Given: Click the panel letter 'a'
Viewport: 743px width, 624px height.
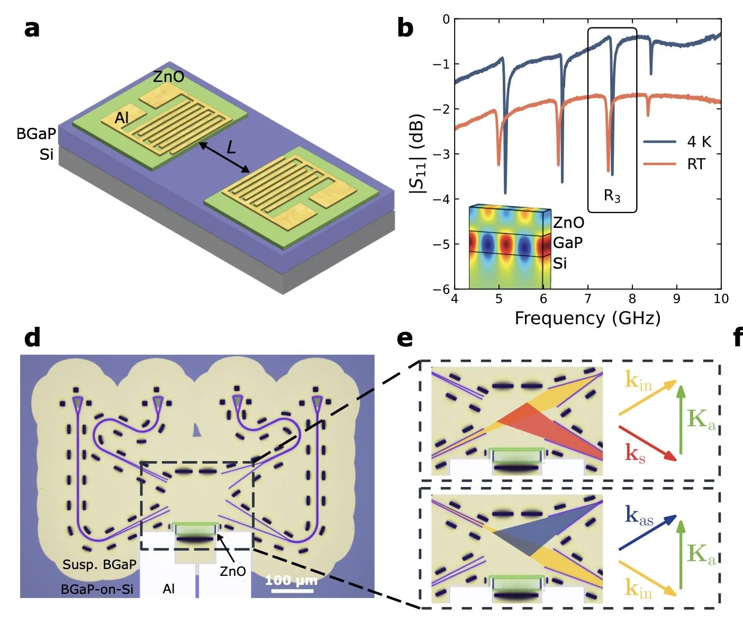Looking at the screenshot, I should (32, 29).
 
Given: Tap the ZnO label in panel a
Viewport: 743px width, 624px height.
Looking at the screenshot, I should (168, 77).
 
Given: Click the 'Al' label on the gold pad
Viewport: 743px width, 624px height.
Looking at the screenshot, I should (122, 117).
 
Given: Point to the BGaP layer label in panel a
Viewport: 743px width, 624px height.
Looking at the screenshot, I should (36, 134).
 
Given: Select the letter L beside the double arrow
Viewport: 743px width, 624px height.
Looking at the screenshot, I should (231, 147).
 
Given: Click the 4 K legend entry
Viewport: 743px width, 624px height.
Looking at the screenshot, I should (699, 142).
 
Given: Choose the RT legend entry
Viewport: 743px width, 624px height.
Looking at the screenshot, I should (695, 164).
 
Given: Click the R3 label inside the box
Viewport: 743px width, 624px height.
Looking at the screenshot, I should (612, 196).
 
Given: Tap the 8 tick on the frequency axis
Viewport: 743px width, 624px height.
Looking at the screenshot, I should (632, 299).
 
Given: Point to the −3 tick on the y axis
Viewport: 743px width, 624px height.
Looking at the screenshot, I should (441, 154).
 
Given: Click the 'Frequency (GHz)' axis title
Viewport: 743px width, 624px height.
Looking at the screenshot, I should (587, 318).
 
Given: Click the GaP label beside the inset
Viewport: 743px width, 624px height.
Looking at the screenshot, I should (568, 243).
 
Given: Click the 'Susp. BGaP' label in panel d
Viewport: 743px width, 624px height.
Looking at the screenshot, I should (99, 564).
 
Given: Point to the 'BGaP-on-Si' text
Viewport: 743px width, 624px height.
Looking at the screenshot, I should (97, 589).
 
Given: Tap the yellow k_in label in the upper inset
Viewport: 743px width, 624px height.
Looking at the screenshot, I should (638, 380).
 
